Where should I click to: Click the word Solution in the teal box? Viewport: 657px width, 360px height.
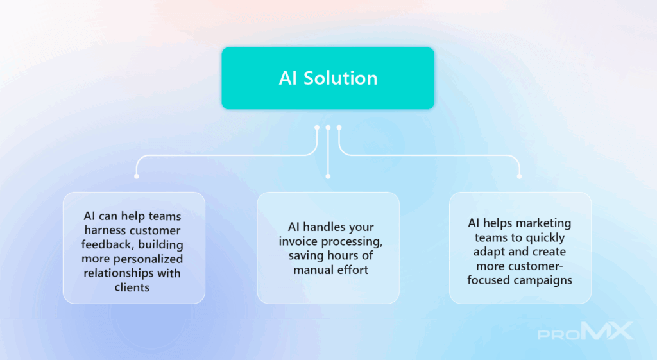[340, 78]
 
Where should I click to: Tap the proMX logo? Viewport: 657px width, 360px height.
[586, 332]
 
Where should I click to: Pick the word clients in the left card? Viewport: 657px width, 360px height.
[132, 287]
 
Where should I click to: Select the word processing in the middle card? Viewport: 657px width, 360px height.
[349, 242]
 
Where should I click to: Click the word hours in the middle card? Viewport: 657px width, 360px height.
[339, 255]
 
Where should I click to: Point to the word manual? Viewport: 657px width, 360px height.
[310, 270]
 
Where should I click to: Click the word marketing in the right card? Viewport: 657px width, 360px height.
[543, 224]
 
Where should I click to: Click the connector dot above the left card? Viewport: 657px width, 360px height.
[137, 176]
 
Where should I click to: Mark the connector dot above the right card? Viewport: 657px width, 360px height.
[520, 176]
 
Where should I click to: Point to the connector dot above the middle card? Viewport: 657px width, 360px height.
[328, 176]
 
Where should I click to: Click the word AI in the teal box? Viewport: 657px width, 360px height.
[288, 78]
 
